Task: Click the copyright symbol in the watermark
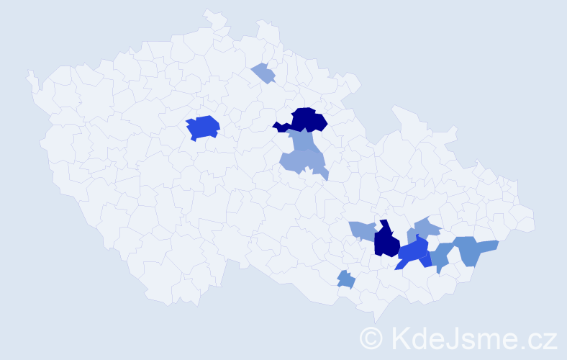pyautogui.click(x=371, y=337)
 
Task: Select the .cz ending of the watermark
pyautogui.click(x=540, y=339)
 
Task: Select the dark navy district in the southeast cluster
pyautogui.click(x=386, y=242)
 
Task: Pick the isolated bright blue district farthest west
pyautogui.click(x=202, y=127)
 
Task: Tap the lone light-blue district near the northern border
pyautogui.click(x=264, y=73)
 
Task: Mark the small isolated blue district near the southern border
pyautogui.click(x=346, y=279)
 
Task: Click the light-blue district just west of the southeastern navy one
pyautogui.click(x=363, y=230)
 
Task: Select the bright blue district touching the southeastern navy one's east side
pyautogui.click(x=413, y=252)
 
